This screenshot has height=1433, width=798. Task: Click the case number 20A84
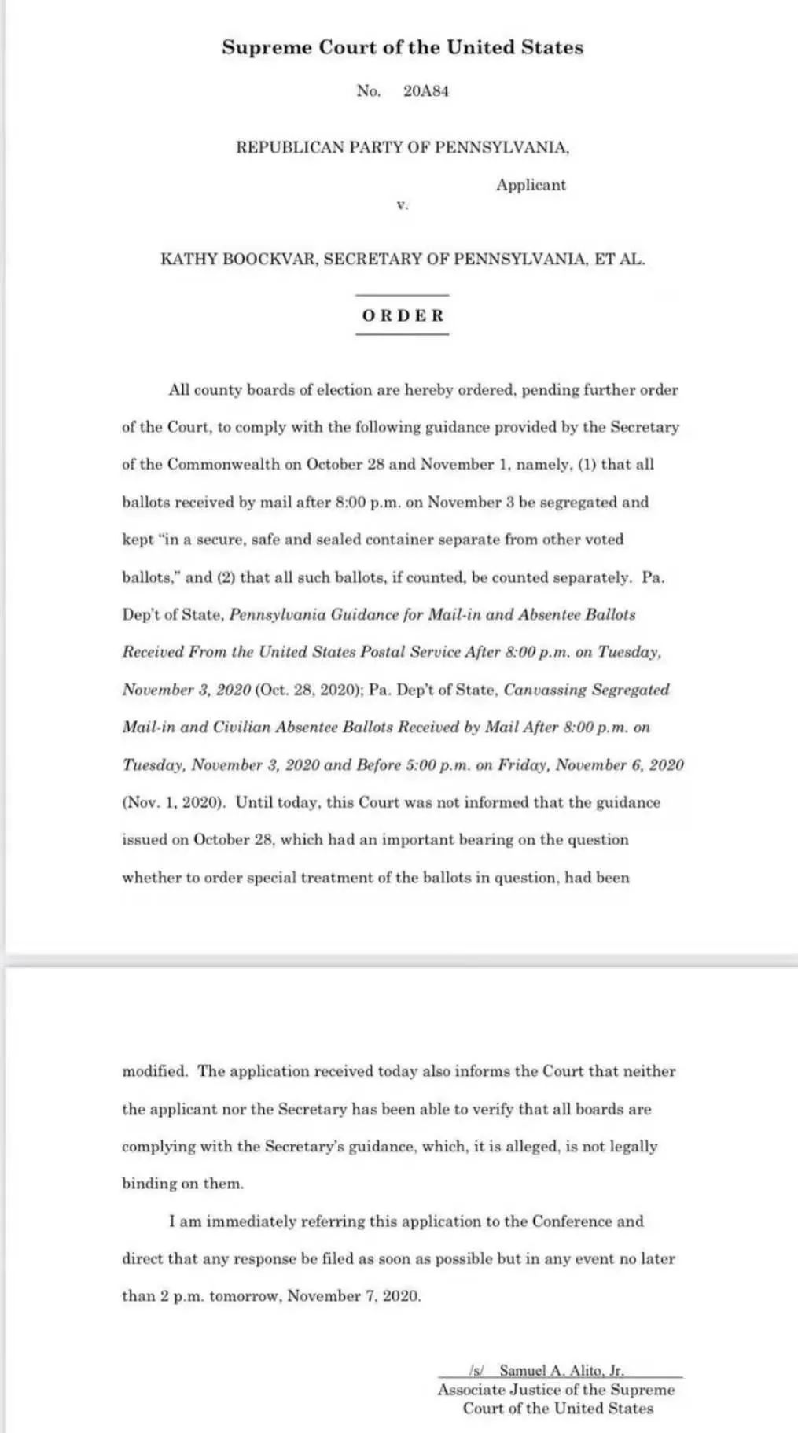click(x=425, y=91)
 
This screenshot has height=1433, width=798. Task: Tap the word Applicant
click(x=531, y=186)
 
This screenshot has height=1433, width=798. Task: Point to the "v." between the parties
click(x=402, y=205)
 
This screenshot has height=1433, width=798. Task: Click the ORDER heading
click(x=403, y=316)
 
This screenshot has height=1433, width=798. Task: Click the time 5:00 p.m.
click(x=447, y=765)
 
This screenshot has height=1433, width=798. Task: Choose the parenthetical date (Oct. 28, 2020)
click(x=307, y=690)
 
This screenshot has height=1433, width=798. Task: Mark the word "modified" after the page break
click(x=155, y=1071)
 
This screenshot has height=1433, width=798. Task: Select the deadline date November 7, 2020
click(x=354, y=1296)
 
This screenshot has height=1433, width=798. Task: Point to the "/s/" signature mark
click(x=476, y=1370)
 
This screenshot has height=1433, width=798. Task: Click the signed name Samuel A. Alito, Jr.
click(x=561, y=1370)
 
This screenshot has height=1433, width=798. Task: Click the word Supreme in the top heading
click(x=267, y=48)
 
